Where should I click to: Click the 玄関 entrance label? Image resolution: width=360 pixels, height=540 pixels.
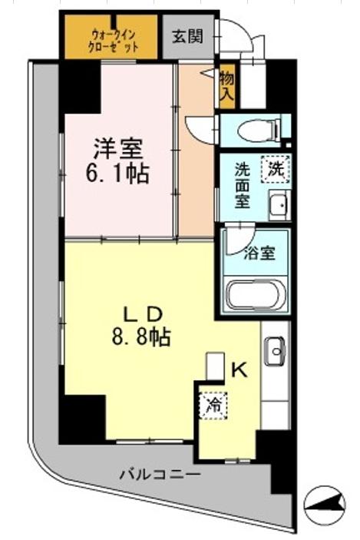coord(188,35)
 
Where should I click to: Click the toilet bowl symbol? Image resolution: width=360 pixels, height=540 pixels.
coord(256,131)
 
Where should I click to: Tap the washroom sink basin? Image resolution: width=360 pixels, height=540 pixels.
coord(278,204)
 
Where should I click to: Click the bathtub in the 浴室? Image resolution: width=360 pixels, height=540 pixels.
coord(256,295)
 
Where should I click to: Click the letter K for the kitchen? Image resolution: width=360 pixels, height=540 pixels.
coord(239,370)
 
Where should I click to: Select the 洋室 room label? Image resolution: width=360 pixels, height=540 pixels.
coord(117,147)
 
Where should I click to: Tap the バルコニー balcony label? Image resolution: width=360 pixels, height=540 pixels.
coord(160,475)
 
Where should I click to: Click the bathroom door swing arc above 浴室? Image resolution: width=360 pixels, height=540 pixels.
coord(239,235)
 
